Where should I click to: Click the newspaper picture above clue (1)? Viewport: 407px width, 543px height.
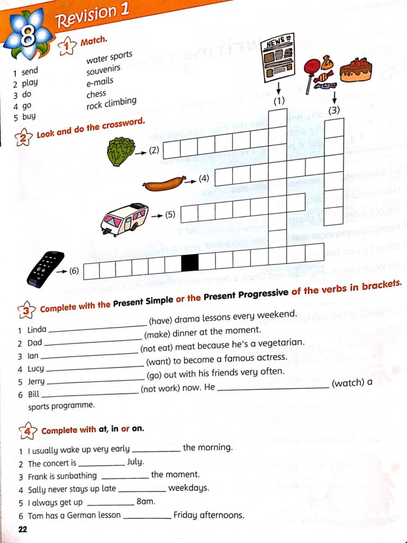pos(277,58)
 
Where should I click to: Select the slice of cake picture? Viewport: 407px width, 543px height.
pos(356,70)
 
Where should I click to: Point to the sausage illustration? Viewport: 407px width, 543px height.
pos(164,183)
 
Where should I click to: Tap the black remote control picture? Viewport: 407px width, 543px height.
pos(46,269)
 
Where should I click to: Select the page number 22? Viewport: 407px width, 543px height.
pos(22,529)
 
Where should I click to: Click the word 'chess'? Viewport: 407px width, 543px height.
pos(96,94)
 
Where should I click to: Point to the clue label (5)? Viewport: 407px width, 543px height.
pos(169,215)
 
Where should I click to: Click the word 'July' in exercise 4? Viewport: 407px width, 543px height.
pos(135,461)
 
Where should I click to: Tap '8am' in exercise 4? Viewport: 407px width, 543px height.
pos(145,502)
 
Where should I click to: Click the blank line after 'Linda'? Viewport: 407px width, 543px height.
pos(96,324)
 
